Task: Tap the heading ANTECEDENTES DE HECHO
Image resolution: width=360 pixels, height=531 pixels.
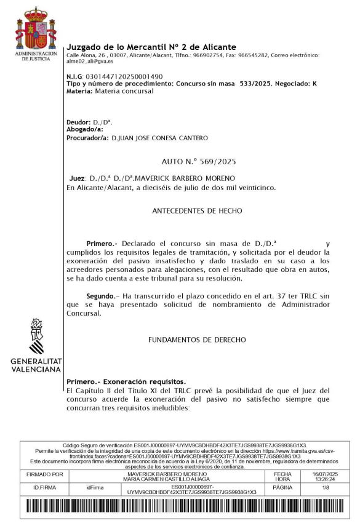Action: click(197, 210)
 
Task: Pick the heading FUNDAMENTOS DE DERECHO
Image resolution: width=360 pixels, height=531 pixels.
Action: click(197, 340)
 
